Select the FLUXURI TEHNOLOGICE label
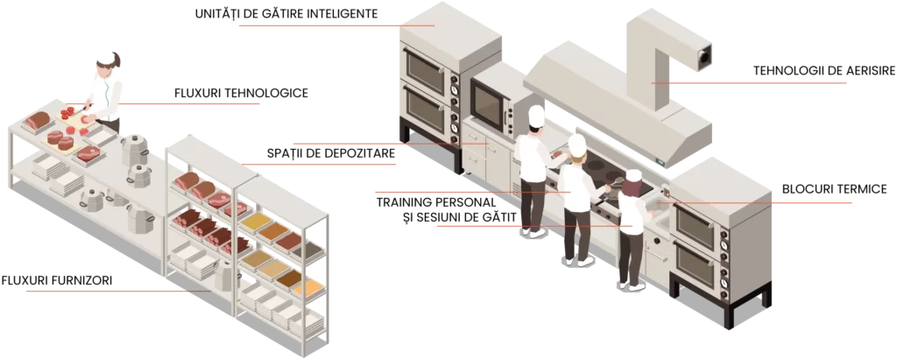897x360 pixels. coord(241,93)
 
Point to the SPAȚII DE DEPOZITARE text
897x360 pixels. coord(330,153)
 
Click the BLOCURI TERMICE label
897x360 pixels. coord(835,189)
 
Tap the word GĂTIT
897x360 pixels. coord(498,217)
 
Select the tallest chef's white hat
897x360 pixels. coord(537,116)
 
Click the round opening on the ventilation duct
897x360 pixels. coord(705,55)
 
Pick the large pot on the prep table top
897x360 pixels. coord(134,150)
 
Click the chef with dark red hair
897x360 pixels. coord(633,229)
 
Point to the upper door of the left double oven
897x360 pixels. coord(425,63)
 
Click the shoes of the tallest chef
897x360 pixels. coord(533,232)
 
